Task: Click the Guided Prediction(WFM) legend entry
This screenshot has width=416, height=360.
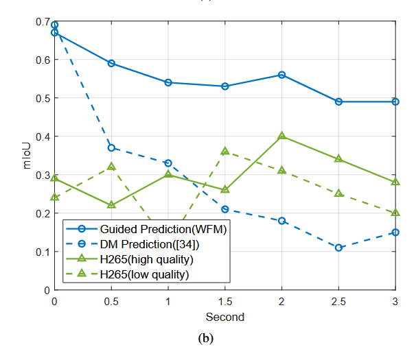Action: point(163,229)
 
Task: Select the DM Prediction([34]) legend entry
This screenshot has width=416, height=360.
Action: point(150,244)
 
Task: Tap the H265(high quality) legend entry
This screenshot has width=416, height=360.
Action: point(146,259)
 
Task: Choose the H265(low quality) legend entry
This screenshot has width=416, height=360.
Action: point(144,274)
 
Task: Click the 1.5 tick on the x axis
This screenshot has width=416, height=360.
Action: point(225,301)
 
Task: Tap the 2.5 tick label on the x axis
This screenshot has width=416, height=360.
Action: point(338,301)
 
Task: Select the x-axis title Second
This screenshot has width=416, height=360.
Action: point(225,317)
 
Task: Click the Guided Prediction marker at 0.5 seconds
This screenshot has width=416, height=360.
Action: point(111,63)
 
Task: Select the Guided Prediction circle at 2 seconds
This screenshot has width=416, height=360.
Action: point(281,75)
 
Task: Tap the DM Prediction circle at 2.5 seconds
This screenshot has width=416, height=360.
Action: point(338,248)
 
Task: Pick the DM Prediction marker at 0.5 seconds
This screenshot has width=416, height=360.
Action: point(111,147)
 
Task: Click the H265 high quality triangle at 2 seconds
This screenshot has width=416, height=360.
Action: point(281,136)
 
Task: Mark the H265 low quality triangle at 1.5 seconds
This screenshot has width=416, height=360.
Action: point(225,151)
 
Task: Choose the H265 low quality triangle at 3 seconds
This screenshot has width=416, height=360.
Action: point(395,213)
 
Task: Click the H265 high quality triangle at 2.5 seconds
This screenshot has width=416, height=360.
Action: point(338,159)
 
